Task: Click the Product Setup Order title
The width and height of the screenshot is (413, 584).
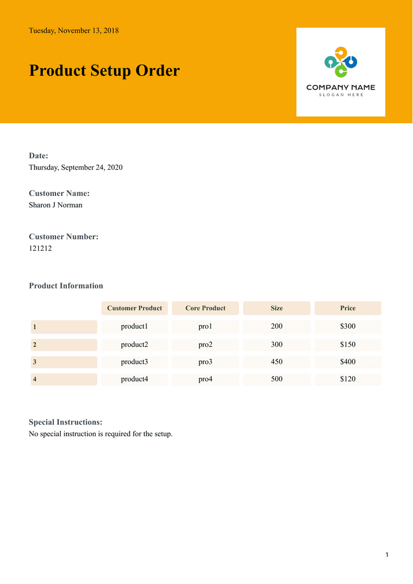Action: pos(104,71)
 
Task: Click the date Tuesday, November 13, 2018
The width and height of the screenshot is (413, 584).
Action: pos(74,31)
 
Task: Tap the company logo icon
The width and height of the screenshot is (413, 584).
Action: pos(340,62)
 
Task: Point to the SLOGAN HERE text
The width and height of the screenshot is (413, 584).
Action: pos(341,95)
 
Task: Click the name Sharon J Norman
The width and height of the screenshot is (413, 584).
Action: pos(55,205)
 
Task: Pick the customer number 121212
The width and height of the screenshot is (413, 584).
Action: pos(40,248)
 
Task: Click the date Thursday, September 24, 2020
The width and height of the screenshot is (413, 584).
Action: pos(75,167)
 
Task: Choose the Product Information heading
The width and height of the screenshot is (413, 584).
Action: pos(66,286)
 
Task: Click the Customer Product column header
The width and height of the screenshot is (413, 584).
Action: pos(134,308)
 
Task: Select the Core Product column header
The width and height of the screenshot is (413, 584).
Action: pos(205,308)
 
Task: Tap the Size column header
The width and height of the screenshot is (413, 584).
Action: pos(277,308)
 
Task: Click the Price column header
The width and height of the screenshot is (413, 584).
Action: pos(348,308)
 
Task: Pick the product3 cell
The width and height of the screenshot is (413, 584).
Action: pos(134,362)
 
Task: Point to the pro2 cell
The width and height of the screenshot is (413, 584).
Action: pos(205,345)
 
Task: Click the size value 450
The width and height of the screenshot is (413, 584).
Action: pos(277,362)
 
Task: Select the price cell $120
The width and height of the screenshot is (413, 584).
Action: pos(348,379)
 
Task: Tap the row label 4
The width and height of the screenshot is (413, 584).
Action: pos(35,380)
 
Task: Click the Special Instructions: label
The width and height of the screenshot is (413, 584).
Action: pos(65,422)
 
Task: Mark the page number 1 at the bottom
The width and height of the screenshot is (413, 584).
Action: pos(387,555)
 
